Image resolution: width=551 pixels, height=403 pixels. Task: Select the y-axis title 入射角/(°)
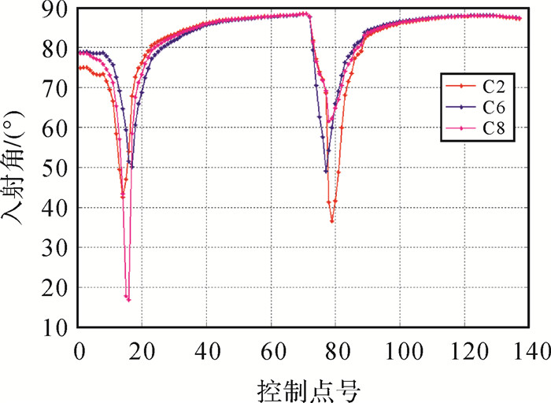tap(17, 167)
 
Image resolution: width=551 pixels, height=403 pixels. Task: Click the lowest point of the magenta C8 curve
tap(128, 300)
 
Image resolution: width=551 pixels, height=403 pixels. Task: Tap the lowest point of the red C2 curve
tap(332, 221)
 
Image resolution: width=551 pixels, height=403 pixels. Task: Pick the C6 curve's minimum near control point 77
tap(326, 171)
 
